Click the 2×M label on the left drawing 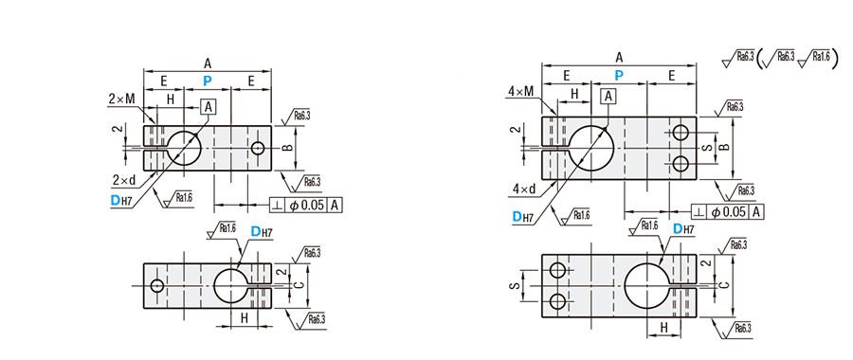coord(121,99)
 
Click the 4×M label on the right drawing coord(520,91)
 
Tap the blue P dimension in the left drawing coord(208,81)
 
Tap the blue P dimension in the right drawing coord(619,75)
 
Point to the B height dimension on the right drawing coord(722,147)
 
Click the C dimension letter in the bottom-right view coord(722,284)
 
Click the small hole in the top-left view coord(258,148)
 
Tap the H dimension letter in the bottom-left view coord(244,319)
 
